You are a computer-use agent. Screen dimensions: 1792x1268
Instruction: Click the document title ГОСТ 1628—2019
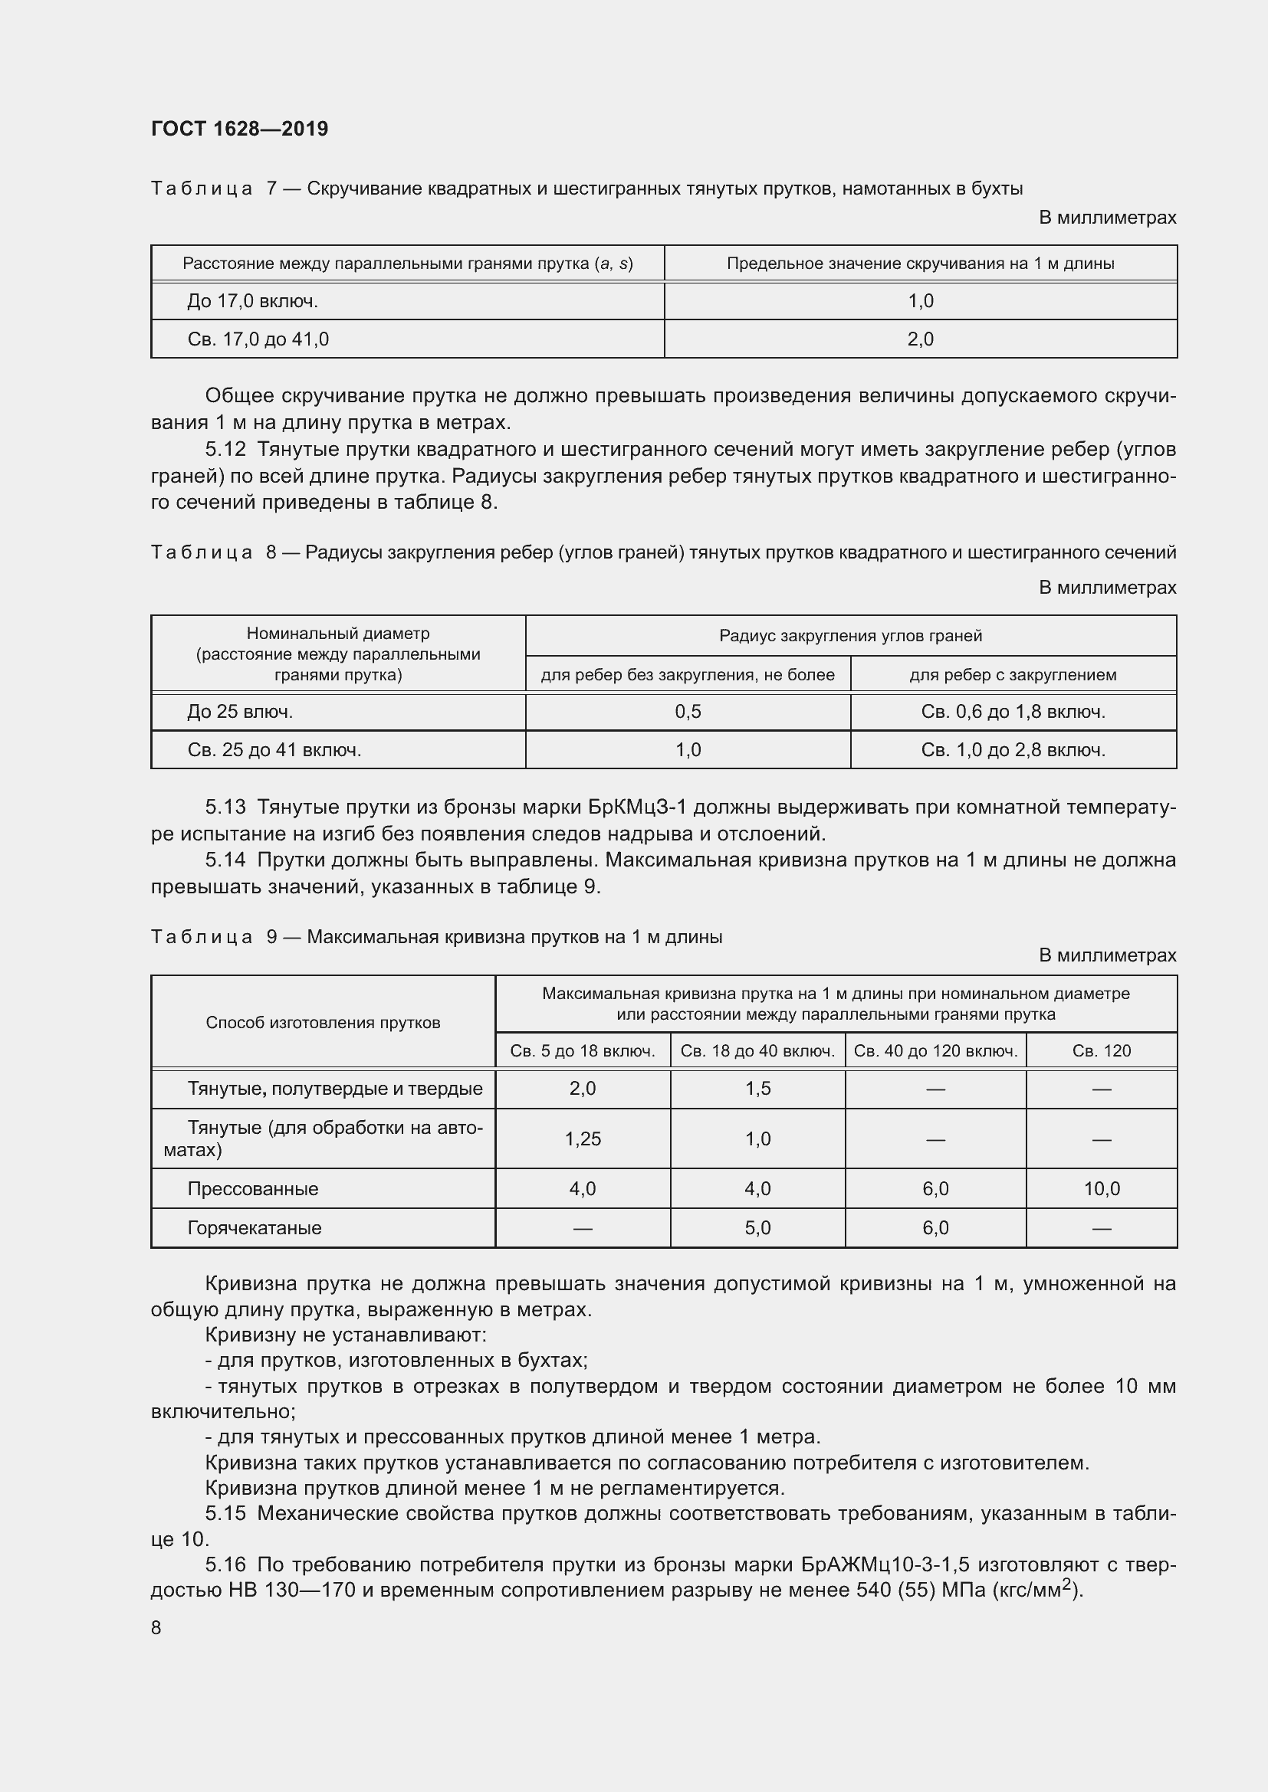(x=240, y=129)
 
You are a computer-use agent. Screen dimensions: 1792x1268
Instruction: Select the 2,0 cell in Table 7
(x=920, y=339)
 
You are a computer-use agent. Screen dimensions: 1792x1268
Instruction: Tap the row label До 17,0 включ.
(x=252, y=301)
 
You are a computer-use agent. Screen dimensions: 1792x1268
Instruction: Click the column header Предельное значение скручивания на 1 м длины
(x=920, y=264)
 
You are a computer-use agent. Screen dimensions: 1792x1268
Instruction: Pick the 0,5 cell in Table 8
(x=688, y=711)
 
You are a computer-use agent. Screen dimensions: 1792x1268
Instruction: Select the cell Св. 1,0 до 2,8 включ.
(x=1013, y=750)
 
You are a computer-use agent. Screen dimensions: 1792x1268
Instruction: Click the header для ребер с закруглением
(x=1013, y=674)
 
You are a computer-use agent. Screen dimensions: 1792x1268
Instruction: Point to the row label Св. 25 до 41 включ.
(x=274, y=750)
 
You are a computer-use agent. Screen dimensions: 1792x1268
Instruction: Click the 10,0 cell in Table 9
(x=1101, y=1189)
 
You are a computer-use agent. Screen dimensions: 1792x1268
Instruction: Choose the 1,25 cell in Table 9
(x=583, y=1138)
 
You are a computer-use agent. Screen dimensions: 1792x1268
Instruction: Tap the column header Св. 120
(x=1101, y=1050)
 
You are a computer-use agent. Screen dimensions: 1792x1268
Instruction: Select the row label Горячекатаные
(x=254, y=1227)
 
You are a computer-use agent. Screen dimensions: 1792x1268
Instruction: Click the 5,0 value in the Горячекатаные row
(x=757, y=1227)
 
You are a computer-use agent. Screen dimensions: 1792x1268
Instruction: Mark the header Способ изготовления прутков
(x=323, y=1023)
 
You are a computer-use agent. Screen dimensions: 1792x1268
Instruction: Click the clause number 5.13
(x=225, y=807)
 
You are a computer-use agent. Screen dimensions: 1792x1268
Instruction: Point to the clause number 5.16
(x=225, y=1565)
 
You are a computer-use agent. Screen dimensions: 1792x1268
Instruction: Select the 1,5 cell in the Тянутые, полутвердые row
(x=757, y=1089)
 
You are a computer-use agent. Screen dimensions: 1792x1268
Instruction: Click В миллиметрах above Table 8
(x=1106, y=587)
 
